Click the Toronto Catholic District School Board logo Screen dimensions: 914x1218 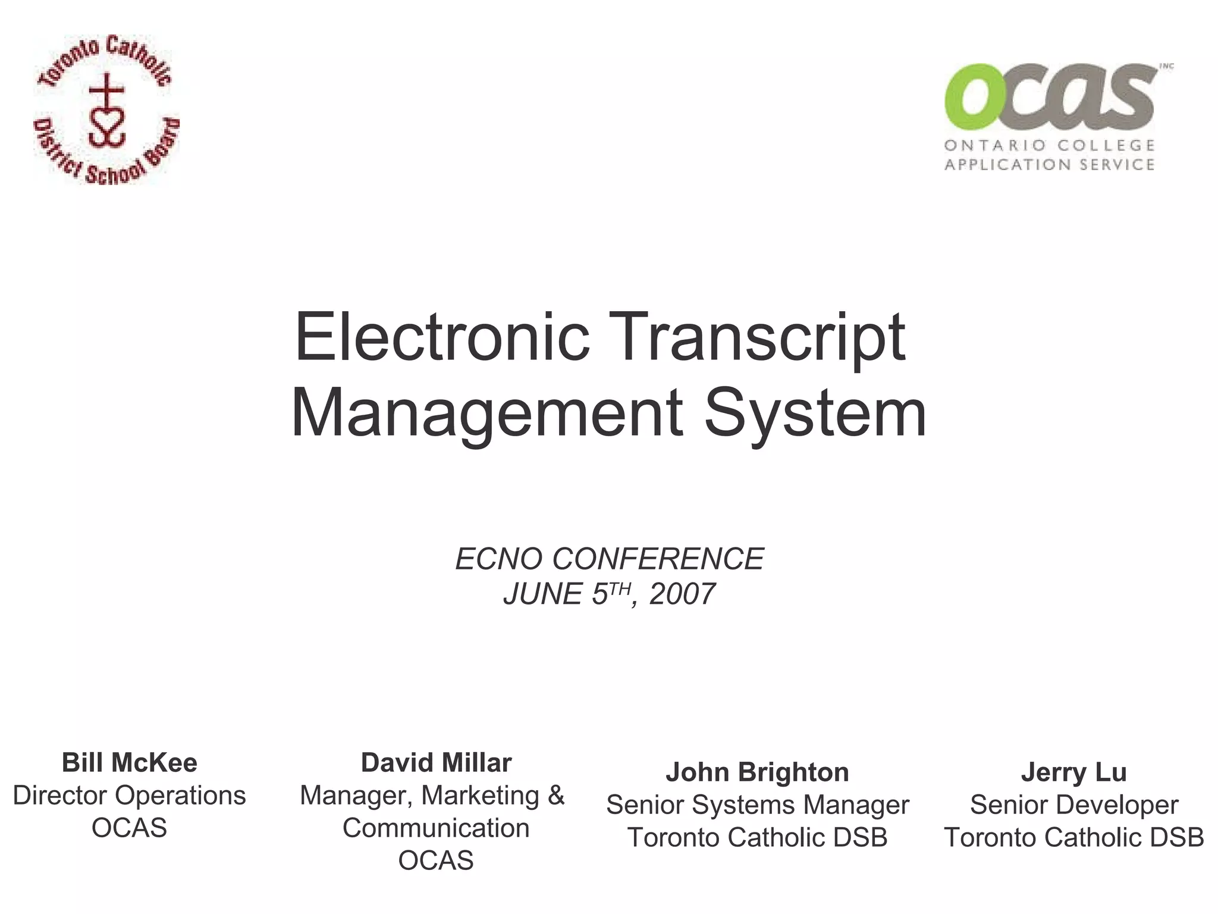(x=106, y=109)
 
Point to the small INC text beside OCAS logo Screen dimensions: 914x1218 (x=1166, y=67)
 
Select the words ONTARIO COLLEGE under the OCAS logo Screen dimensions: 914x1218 (x=1050, y=145)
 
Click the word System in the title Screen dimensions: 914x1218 (x=815, y=413)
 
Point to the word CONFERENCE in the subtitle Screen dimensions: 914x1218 (x=658, y=559)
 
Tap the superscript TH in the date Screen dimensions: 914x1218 (x=619, y=589)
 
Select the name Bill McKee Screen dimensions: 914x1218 (x=130, y=763)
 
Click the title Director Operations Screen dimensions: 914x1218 (x=130, y=796)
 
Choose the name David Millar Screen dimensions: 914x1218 (x=436, y=763)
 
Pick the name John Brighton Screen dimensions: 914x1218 (x=757, y=772)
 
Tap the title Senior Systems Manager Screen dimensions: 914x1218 (x=757, y=805)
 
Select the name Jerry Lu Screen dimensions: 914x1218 (x=1073, y=772)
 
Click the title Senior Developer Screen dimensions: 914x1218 (x=1073, y=805)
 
